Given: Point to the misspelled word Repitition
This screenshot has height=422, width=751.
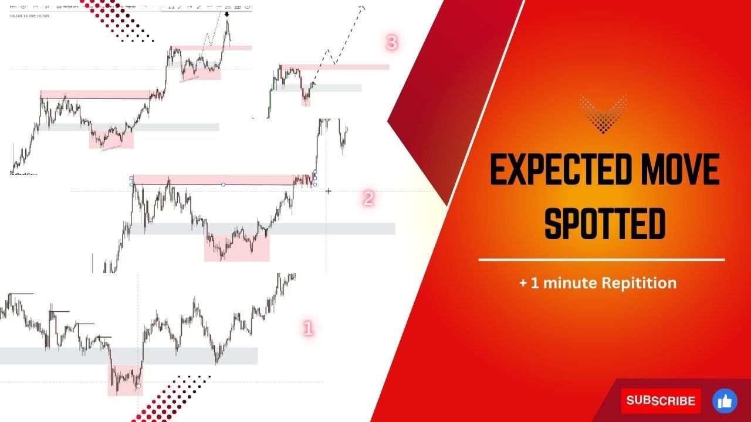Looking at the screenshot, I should [x=639, y=283].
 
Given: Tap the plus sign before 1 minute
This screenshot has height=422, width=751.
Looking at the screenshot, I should [x=523, y=284].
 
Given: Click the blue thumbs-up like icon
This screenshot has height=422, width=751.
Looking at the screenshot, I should [x=725, y=401].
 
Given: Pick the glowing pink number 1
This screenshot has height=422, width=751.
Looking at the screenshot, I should [x=308, y=328].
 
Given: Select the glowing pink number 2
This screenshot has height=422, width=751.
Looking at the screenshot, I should [x=368, y=199].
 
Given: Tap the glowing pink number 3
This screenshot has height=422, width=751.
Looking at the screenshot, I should [x=392, y=43].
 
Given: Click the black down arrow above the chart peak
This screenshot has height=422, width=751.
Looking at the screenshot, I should [x=227, y=13].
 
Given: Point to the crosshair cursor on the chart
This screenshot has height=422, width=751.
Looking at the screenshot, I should [x=328, y=191].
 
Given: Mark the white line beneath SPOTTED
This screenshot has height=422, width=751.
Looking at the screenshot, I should [x=601, y=259].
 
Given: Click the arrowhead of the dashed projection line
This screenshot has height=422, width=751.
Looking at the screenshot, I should [x=362, y=7].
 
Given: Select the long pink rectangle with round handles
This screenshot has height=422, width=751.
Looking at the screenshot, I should [x=223, y=179].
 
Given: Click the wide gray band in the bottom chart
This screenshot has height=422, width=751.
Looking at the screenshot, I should [x=129, y=355].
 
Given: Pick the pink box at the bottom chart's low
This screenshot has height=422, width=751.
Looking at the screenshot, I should [x=124, y=380].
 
